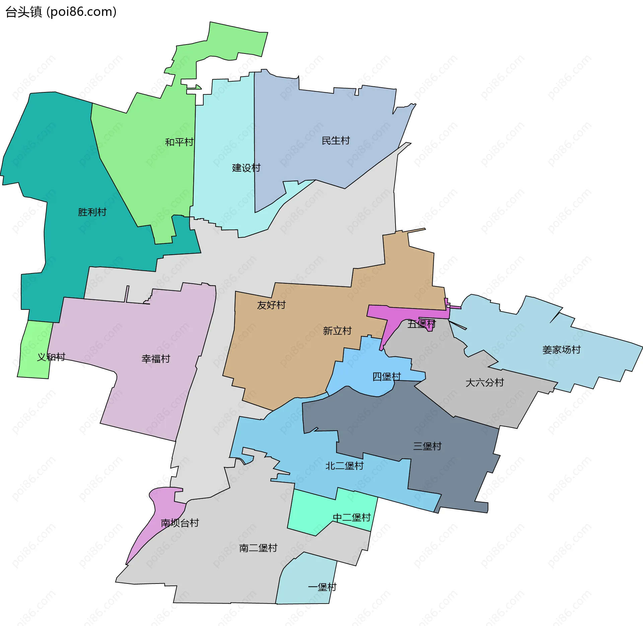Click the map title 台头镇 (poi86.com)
[61, 12]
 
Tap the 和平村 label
[179, 142]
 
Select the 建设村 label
[246, 168]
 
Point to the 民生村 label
[336, 141]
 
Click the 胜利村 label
[92, 212]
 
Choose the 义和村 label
[51, 357]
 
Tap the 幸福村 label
[156, 359]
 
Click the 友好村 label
[271, 305]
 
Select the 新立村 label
[337, 331]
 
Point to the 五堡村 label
[421, 324]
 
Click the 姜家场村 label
[561, 350]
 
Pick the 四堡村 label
[387, 376]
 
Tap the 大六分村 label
[485, 382]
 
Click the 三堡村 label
[427, 446]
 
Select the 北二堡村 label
[345, 466]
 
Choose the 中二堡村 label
[352, 517]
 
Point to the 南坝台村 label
[180, 523]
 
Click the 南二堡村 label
[258, 548]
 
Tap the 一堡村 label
[322, 587]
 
